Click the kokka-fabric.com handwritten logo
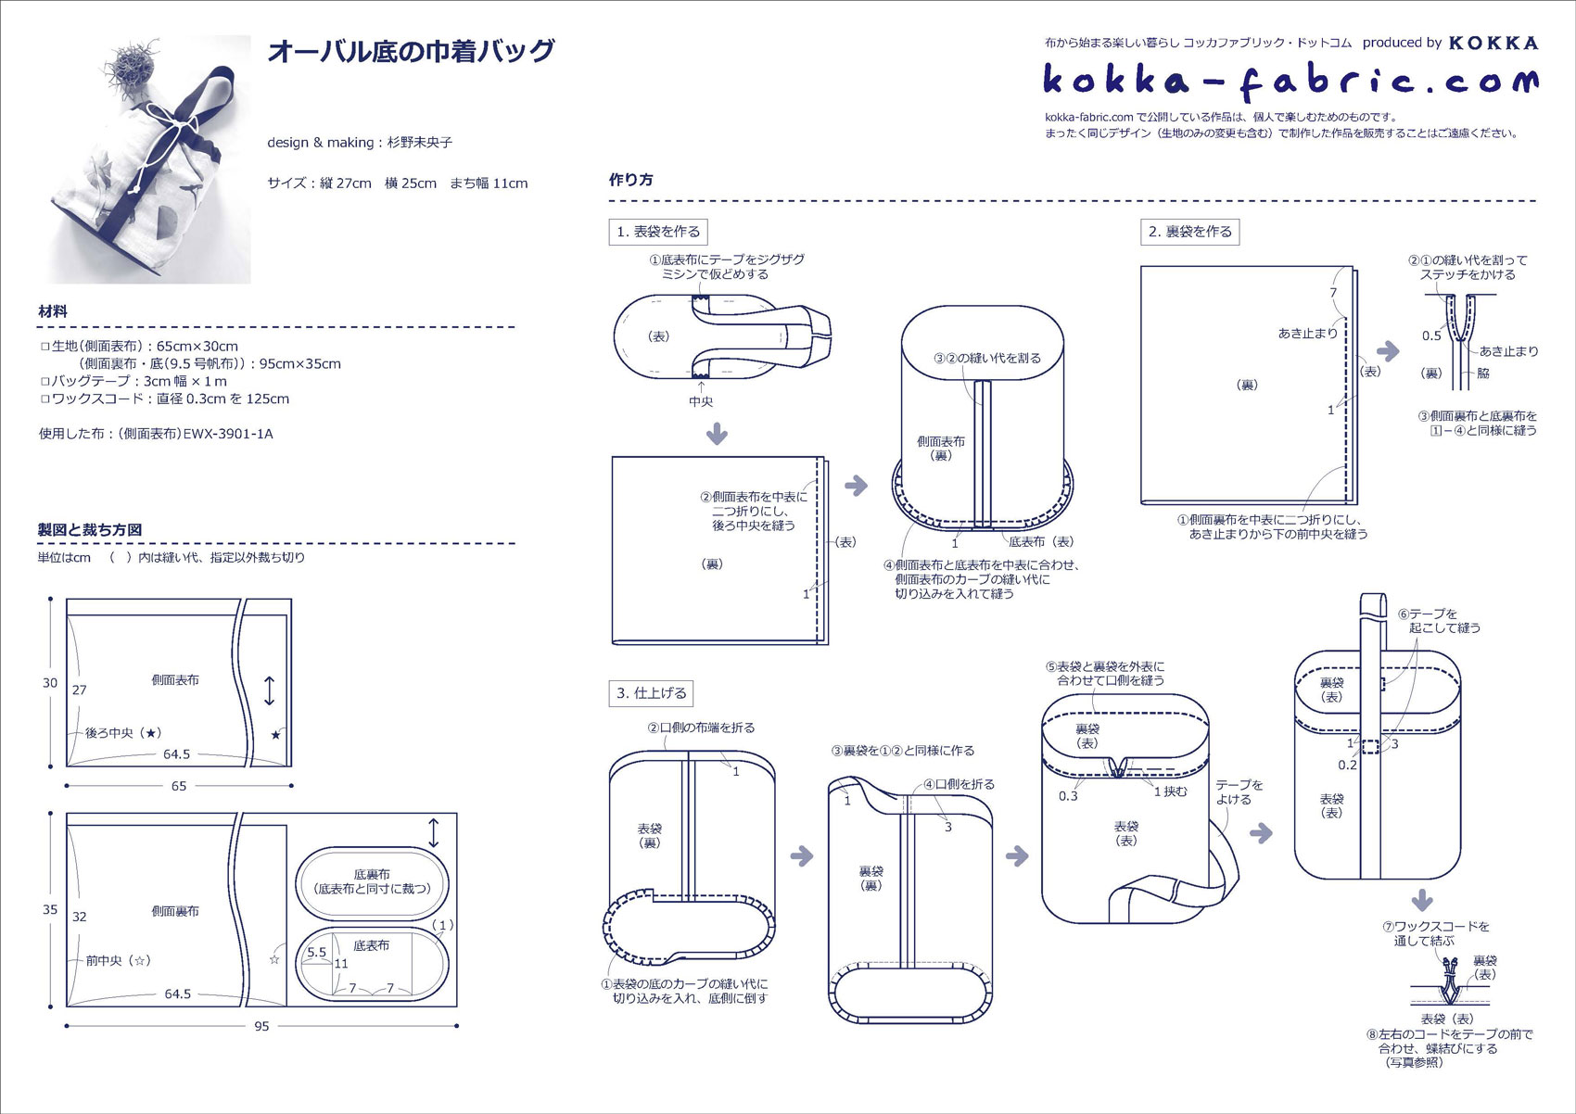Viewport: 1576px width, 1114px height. (x=1290, y=82)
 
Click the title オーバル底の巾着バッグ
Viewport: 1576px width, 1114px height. (x=411, y=51)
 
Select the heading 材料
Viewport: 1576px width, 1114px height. (x=53, y=311)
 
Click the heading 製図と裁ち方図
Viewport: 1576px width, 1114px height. (x=90, y=529)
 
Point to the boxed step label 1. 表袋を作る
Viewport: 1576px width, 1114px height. (x=658, y=232)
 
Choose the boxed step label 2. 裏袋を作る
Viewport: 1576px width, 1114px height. (x=1189, y=232)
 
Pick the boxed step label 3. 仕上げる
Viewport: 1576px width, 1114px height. (x=652, y=693)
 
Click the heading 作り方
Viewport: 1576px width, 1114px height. (x=630, y=180)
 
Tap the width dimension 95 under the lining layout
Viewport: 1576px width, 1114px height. (x=261, y=1026)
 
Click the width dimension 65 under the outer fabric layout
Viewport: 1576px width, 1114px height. (x=179, y=786)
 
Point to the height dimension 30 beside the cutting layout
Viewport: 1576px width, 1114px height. (x=50, y=683)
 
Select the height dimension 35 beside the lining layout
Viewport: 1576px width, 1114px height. (x=50, y=909)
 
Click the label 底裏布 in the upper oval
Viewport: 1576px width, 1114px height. (x=371, y=874)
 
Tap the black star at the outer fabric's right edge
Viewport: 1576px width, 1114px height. (x=275, y=735)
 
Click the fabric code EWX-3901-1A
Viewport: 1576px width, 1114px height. (x=228, y=434)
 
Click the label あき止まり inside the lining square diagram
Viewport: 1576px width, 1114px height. (x=1307, y=333)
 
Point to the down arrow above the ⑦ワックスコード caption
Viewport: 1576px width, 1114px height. (x=1422, y=900)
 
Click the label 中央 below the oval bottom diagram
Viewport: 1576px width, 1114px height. (x=701, y=401)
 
